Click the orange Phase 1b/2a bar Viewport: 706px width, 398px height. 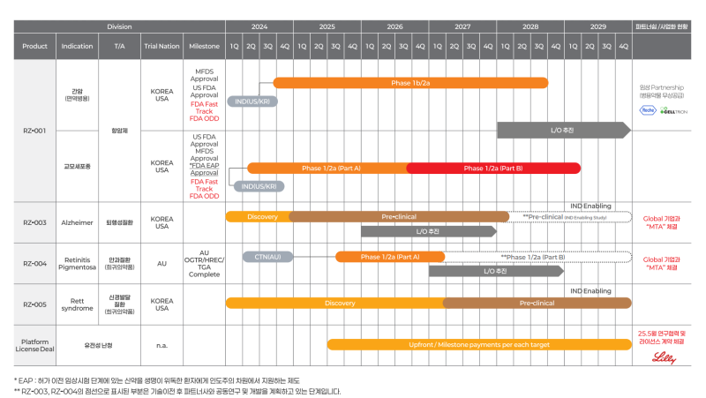410,83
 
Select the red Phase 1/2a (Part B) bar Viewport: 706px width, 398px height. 492,168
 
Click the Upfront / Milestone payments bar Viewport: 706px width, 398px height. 479,344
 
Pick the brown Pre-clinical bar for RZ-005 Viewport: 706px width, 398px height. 537,303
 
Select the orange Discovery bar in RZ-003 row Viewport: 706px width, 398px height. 262,216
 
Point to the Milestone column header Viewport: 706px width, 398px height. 204,46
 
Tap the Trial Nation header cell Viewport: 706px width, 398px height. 161,46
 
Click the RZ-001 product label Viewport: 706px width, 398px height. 34,131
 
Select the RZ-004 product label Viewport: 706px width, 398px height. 34,263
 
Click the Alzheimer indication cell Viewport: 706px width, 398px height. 77,222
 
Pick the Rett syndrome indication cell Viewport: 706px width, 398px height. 77,304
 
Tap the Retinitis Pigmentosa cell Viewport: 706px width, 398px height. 77,263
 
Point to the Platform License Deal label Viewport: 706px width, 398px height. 34,344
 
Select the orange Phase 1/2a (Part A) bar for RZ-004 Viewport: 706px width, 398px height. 389,257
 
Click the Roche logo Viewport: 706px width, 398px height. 649,110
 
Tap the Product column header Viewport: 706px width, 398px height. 34,46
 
